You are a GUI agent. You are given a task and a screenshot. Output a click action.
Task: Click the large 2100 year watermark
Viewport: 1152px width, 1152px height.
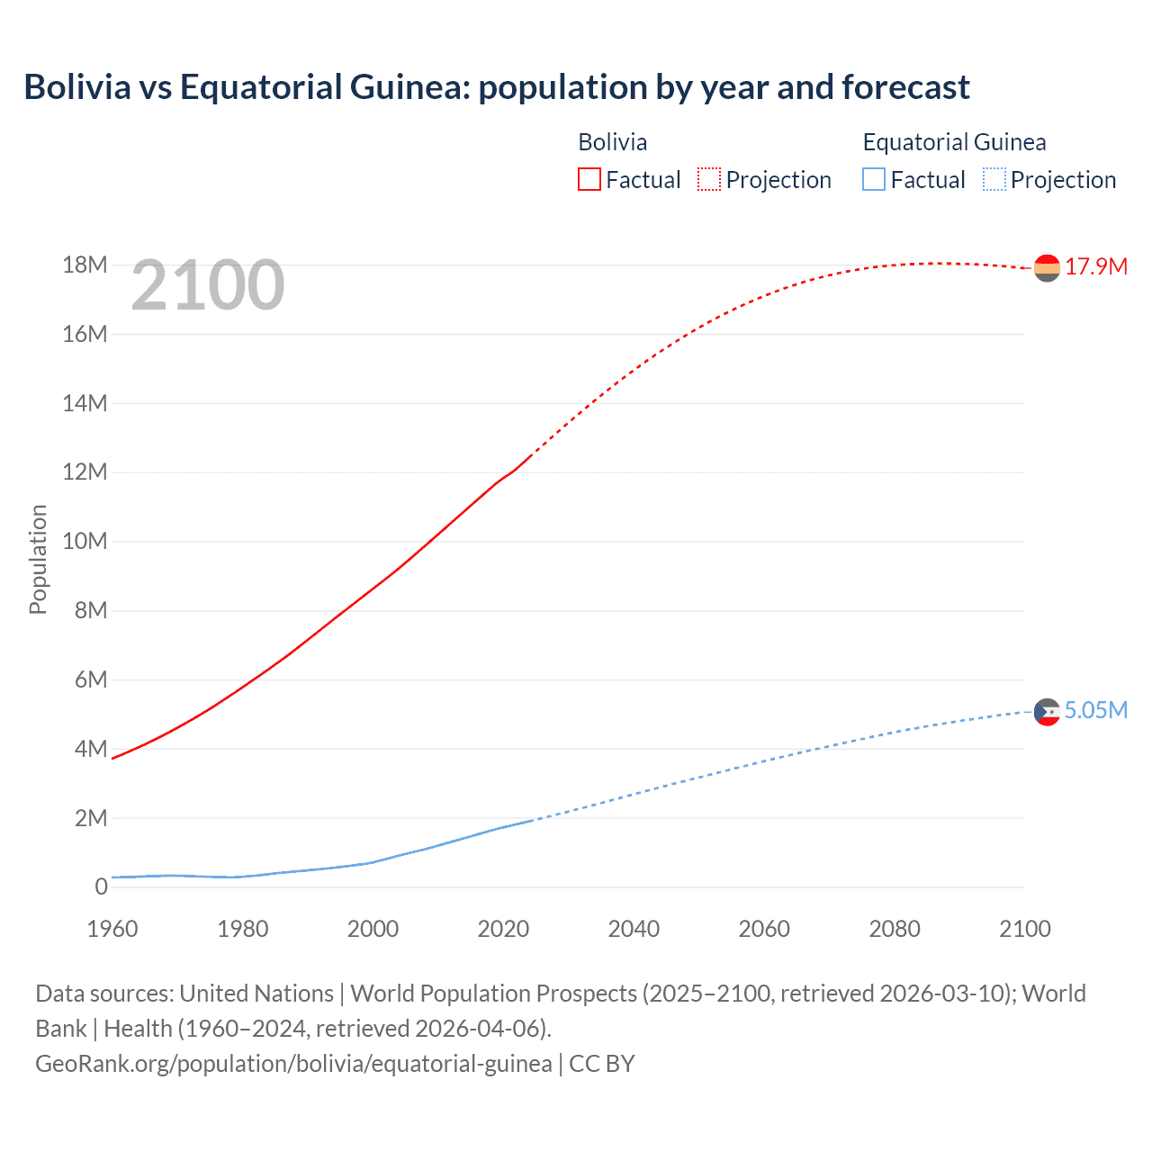point(208,285)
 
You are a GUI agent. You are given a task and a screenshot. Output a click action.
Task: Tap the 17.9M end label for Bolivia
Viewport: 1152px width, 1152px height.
point(1096,267)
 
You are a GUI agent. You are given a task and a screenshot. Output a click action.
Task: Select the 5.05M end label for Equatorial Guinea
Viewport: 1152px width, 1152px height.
point(1096,711)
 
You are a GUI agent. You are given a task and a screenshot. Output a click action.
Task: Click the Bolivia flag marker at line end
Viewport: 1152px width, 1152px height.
point(1047,268)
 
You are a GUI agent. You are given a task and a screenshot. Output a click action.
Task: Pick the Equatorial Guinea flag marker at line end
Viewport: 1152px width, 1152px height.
point(1047,712)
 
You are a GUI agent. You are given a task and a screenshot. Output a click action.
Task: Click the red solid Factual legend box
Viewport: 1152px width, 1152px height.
point(589,180)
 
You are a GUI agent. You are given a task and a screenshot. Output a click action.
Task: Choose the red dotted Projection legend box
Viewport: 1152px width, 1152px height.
point(709,180)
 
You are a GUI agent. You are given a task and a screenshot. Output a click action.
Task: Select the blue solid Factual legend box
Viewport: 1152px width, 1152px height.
point(874,180)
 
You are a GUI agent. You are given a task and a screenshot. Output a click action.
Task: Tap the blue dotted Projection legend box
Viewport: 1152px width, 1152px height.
point(994,180)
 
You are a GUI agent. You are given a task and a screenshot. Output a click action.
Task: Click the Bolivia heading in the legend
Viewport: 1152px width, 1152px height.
point(612,142)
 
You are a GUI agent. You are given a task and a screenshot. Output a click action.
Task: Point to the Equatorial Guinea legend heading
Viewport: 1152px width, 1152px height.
point(954,142)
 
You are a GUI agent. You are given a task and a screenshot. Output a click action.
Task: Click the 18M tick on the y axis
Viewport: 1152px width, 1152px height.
point(85,265)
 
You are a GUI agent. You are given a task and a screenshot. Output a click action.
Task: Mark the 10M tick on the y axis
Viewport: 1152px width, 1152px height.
point(85,542)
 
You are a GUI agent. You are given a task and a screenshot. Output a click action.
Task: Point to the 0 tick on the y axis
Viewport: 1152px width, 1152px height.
point(101,887)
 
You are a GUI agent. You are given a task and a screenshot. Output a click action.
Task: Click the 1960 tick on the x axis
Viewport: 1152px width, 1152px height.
point(112,929)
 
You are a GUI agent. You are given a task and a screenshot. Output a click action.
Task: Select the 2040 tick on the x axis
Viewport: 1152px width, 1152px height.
point(634,929)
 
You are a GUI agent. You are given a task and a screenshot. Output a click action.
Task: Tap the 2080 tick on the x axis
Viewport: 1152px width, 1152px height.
point(895,929)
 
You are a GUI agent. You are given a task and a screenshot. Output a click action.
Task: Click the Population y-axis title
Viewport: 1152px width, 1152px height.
point(38,559)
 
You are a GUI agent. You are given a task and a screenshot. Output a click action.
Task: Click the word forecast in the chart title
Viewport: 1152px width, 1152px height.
point(905,87)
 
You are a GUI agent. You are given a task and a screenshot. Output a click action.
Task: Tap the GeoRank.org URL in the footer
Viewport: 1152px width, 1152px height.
point(293,1064)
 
